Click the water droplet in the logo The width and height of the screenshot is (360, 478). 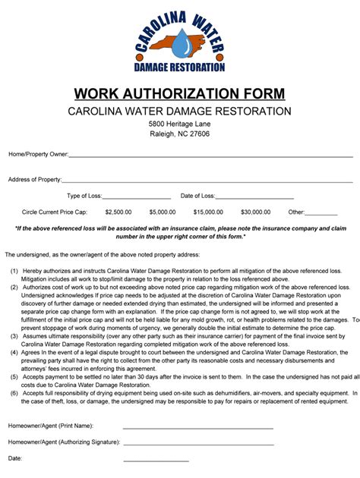[180, 43]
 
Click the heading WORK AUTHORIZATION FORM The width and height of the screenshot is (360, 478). [180, 94]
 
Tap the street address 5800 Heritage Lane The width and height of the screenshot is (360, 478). [180, 124]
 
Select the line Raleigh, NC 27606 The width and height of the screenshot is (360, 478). [180, 134]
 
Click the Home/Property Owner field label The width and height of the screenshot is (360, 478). [39, 154]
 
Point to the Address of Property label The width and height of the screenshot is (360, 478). [35, 180]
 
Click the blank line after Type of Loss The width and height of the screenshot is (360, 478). [136, 197]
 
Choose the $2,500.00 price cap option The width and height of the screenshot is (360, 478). [119, 212]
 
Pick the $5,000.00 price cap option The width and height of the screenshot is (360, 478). [163, 212]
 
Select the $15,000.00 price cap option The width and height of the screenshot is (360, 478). [208, 212]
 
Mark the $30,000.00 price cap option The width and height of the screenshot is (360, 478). [255, 212]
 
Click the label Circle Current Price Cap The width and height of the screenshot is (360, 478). [55, 212]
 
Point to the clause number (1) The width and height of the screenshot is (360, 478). [14, 271]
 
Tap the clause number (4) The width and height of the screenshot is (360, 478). [14, 354]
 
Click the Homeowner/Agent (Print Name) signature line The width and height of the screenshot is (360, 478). [197, 427]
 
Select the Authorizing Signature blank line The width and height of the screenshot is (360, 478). [197, 443]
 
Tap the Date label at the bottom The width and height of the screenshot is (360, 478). [15, 459]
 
